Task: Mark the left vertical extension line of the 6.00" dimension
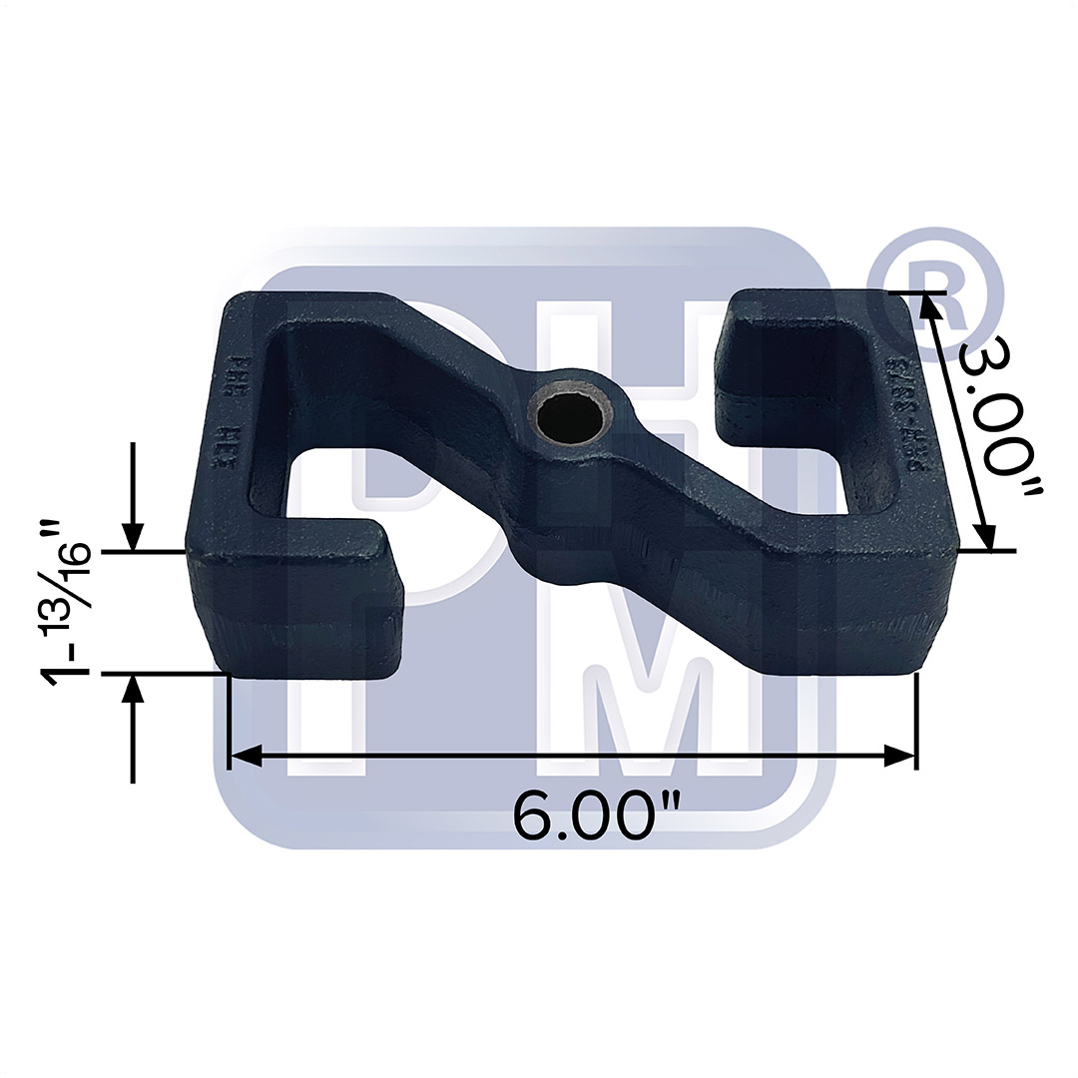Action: point(230,719)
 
